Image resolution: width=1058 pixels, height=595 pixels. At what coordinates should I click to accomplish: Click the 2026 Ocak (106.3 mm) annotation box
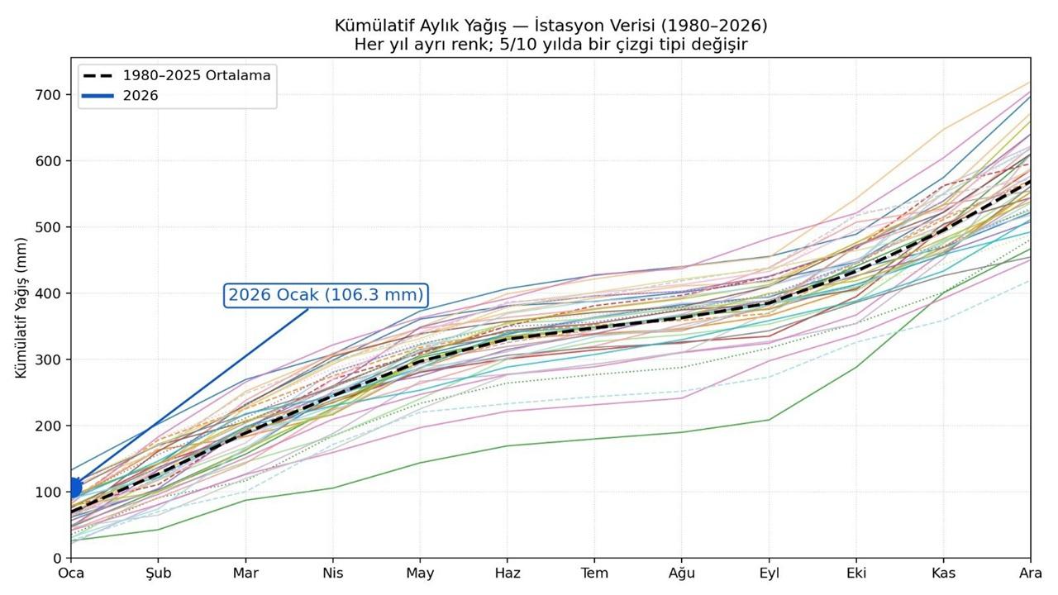[326, 295]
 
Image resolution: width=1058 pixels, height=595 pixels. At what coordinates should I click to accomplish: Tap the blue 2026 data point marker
[74, 488]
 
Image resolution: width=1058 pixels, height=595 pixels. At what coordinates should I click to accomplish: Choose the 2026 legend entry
[140, 96]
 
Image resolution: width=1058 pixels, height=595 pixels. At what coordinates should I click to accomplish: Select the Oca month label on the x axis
[72, 574]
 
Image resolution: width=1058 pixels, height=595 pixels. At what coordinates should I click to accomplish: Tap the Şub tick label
[159, 574]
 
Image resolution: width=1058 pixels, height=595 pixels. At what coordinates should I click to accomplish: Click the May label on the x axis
[420, 574]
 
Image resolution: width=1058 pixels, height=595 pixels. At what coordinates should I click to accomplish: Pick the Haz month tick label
[508, 574]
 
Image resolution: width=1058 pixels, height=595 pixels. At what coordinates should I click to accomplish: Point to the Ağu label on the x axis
[682, 574]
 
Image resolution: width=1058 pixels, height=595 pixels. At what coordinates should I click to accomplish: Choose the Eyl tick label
[769, 574]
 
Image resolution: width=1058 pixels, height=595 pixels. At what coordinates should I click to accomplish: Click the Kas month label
[943, 574]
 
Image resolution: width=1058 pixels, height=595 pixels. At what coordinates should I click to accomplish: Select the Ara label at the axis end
[1030, 574]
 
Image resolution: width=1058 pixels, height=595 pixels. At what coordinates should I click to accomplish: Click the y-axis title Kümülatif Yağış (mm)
[21, 307]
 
